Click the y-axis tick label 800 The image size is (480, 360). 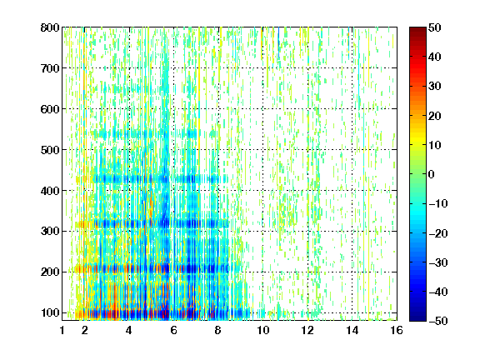tap(50, 27)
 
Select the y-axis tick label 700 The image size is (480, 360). tap(50, 68)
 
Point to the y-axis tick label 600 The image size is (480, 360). tap(50, 109)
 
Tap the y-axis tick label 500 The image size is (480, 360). tap(50, 150)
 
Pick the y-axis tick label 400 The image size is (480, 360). tap(50, 191)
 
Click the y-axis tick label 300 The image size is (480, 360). tap(50, 232)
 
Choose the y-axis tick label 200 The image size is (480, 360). tap(50, 272)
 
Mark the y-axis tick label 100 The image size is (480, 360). tap(50, 312)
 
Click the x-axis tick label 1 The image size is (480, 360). tap(62, 330)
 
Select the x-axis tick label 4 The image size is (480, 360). tap(129, 330)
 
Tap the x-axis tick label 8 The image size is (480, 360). tap(218, 330)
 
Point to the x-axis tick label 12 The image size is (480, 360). tap(307, 330)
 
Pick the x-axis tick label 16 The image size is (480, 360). tap(397, 330)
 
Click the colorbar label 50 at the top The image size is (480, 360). tap(434, 27)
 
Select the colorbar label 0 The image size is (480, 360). tap(432, 174)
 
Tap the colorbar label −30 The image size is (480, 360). tap(438, 262)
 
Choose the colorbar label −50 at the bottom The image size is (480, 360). tap(438, 321)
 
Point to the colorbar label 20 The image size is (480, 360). tap(434, 116)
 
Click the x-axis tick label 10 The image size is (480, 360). tap(262, 330)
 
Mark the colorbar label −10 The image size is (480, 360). tap(438, 204)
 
